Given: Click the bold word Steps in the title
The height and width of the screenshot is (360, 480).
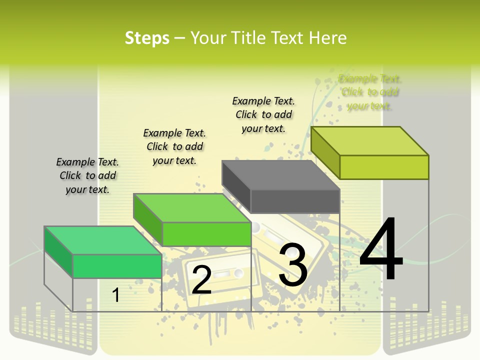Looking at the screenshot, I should pyautogui.click(x=147, y=38).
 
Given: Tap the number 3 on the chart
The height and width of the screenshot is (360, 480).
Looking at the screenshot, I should pyautogui.click(x=293, y=264).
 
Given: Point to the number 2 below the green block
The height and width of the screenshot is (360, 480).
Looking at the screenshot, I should pyautogui.click(x=201, y=279).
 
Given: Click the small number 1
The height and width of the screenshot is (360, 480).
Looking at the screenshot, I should pyautogui.click(x=116, y=295).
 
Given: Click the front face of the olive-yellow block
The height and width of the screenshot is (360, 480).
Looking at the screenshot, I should pyautogui.click(x=384, y=167).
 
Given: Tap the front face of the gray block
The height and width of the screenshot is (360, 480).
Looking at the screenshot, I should pyautogui.click(x=295, y=201).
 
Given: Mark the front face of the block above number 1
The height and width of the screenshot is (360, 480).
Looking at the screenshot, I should pyautogui.click(x=117, y=266).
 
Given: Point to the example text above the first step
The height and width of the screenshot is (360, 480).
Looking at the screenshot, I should pyautogui.click(x=87, y=175).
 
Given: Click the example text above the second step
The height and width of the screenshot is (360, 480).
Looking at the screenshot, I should pyautogui.click(x=174, y=146).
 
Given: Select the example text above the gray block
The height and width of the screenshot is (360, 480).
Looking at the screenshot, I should pyautogui.click(x=263, y=114).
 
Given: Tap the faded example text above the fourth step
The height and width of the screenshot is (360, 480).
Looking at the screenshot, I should pyautogui.click(x=369, y=92).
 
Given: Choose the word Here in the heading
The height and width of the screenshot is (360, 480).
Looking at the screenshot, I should pyautogui.click(x=328, y=38).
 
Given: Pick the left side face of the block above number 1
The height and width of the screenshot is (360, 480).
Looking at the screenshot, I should pyautogui.click(x=58, y=248).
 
